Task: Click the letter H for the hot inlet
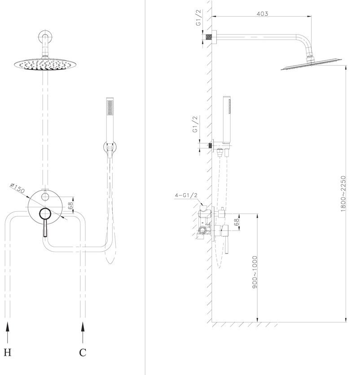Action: [8, 352]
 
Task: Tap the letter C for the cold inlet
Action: [83, 352]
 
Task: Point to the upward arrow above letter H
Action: [8, 332]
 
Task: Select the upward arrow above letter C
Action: [83, 332]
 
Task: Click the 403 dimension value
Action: [262, 13]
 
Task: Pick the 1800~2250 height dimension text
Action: [343, 193]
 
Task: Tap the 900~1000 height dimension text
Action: [255, 272]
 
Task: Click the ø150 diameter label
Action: [18, 188]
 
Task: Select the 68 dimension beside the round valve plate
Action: [70, 206]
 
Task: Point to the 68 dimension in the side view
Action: [236, 222]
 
